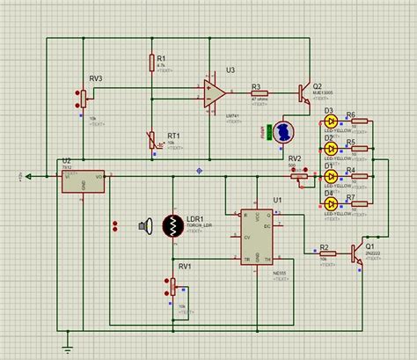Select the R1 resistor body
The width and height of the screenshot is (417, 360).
[151, 62]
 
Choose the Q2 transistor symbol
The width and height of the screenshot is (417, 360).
[303, 92]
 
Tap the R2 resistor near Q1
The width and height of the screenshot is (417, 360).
[324, 253]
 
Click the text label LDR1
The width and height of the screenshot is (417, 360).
[194, 218]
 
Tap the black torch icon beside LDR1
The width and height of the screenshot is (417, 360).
[143, 226]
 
